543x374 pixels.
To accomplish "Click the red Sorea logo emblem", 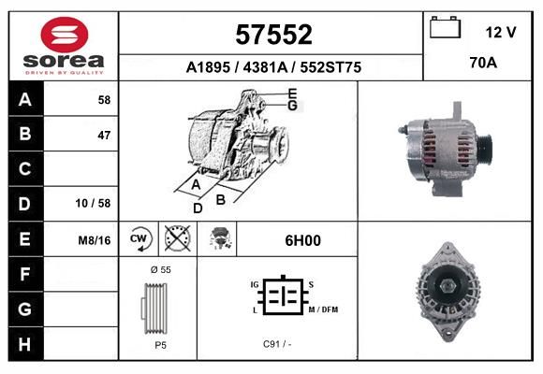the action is (65, 35).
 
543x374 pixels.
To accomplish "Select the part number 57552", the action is (273, 35).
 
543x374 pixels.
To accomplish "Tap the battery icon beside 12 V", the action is (445, 27).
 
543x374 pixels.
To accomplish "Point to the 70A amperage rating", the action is (483, 63).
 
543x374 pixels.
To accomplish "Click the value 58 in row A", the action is (104, 100).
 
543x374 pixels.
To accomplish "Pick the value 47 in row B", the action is (104, 136).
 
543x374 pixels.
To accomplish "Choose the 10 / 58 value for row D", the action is (93, 203).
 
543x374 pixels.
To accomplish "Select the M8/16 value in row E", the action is (95, 240).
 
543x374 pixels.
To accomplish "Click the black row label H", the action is (24, 344).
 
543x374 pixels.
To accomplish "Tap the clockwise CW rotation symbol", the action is (139, 238).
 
